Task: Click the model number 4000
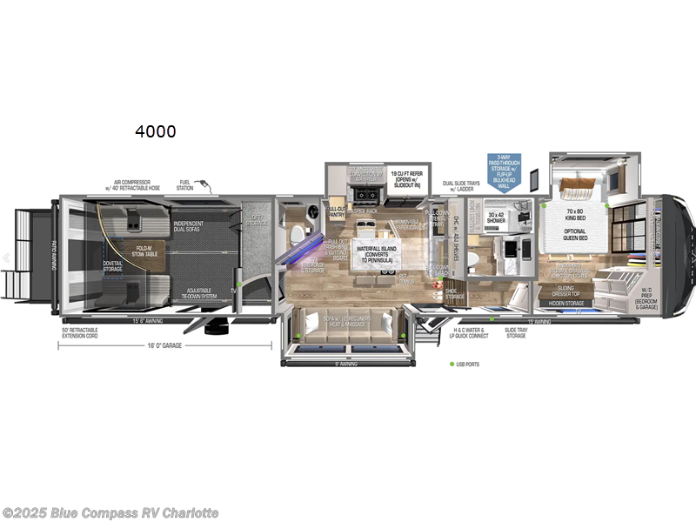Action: pos(155,131)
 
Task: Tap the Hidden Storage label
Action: pos(565,303)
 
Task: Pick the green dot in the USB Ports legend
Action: pos(452,364)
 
